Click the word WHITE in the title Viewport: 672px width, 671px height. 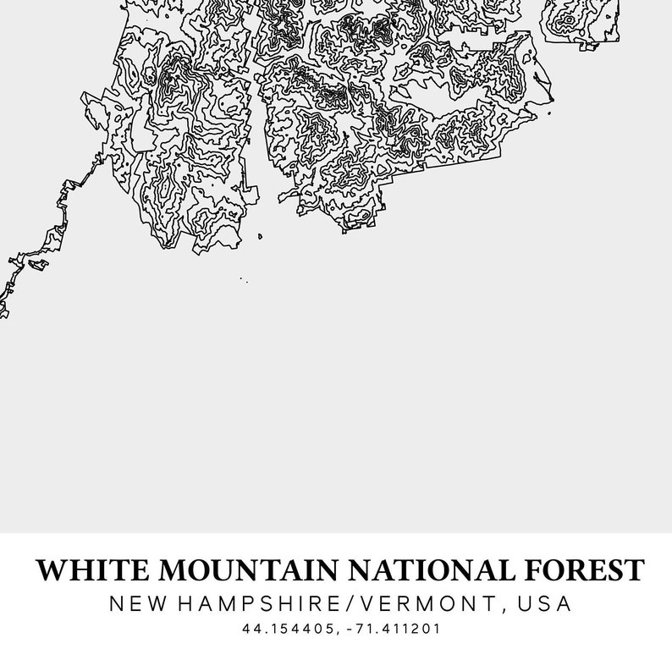(83, 569)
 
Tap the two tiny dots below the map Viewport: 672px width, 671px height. (245, 278)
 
